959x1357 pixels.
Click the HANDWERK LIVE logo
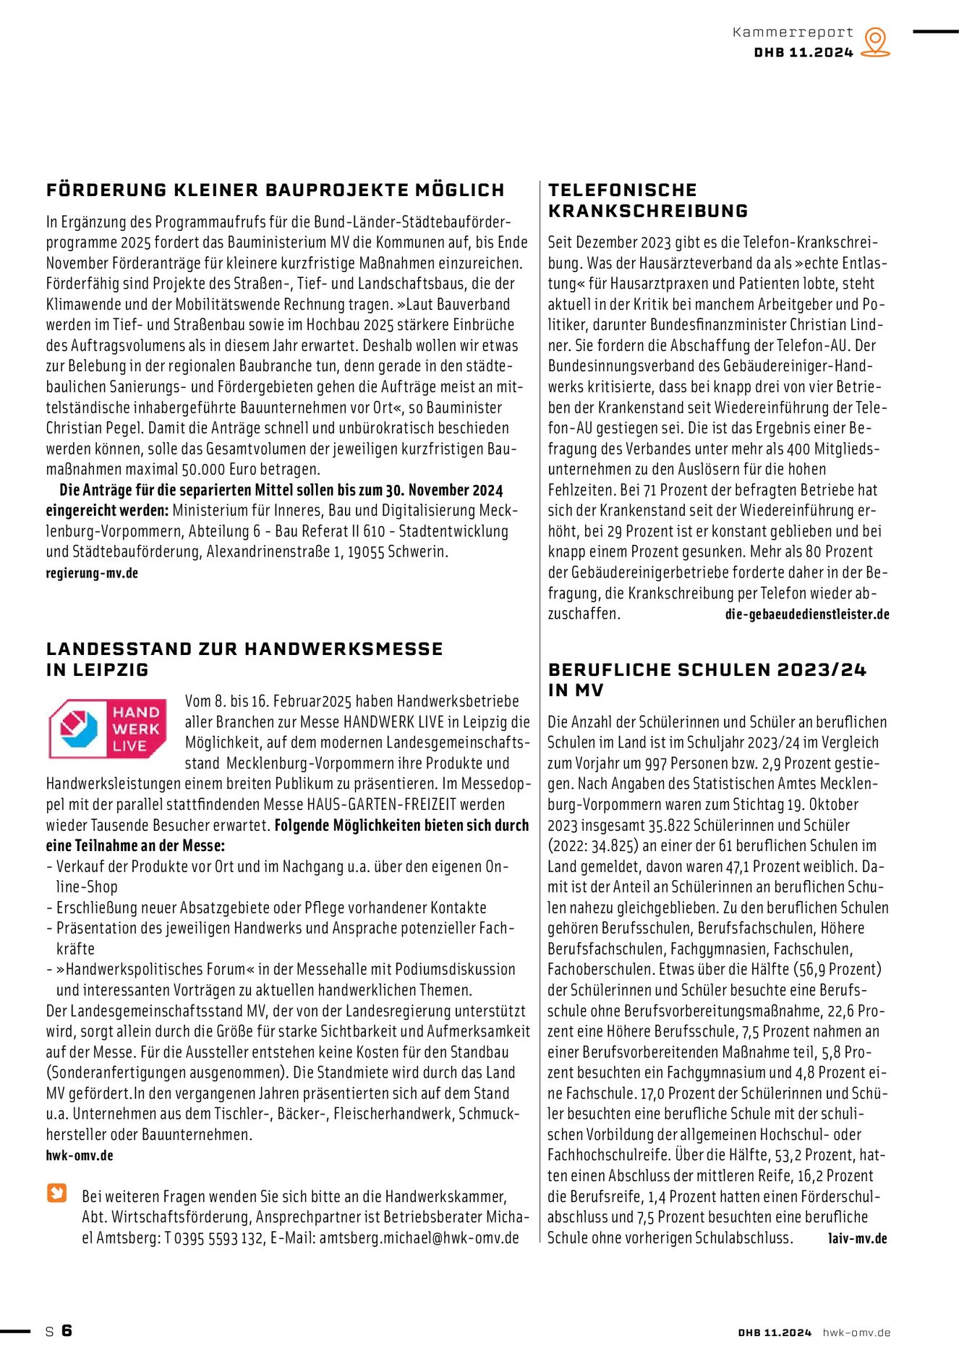coord(108,729)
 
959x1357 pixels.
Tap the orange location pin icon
coord(876,42)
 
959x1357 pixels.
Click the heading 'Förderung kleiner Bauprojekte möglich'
coord(275,190)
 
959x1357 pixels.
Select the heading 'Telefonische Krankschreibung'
coord(648,200)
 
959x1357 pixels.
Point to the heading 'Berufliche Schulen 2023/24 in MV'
coord(707,680)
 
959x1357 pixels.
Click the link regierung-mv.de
coord(92,573)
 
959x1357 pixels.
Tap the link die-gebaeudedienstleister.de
coord(807,614)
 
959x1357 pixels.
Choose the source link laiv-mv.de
coord(857,1238)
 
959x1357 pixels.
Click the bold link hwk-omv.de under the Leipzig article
coord(80,1156)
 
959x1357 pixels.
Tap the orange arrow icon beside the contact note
coord(57,1193)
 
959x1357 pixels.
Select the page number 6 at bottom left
coord(67,1330)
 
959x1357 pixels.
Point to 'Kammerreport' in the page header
coord(793,33)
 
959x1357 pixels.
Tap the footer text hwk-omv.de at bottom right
coord(856,1332)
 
